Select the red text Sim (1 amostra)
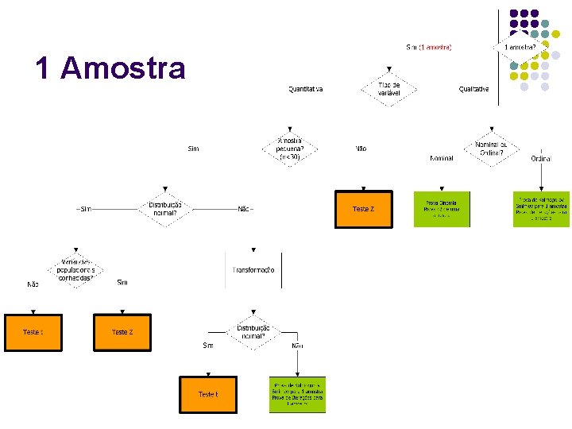click(428, 48)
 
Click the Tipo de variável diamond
click(388, 88)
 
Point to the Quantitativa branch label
click(306, 89)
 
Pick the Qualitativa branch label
click(474, 89)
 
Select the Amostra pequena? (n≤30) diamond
click(289, 149)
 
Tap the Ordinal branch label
click(541, 158)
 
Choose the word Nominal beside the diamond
click(442, 158)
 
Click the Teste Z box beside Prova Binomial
click(363, 209)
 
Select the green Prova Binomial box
click(442, 209)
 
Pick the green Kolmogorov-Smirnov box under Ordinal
click(541, 209)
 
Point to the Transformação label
click(253, 270)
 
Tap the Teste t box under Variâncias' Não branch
click(33, 331)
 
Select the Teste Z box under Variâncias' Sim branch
click(122, 331)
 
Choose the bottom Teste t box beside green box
click(207, 394)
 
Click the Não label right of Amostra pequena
click(361, 149)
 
